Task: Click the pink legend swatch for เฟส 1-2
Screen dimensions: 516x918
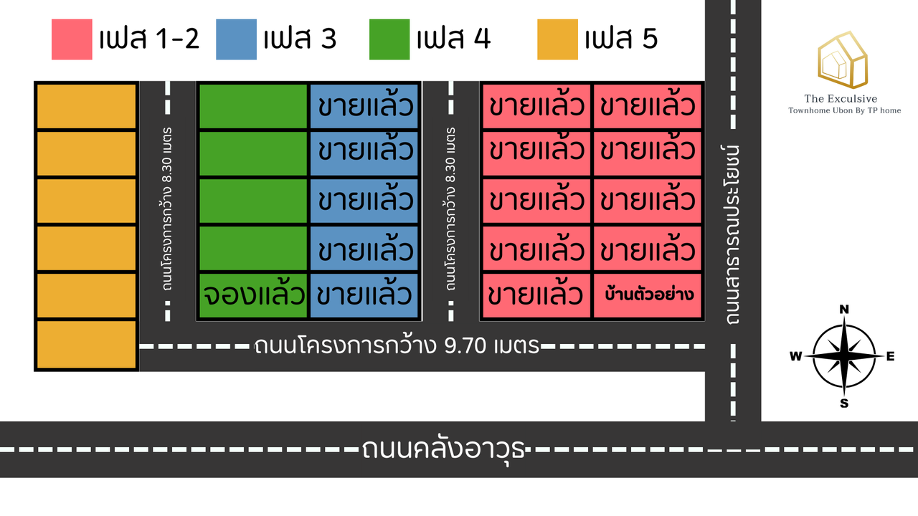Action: (x=72, y=39)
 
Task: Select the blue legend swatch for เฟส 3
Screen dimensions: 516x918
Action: (x=236, y=39)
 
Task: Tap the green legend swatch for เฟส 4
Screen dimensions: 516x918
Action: (x=389, y=39)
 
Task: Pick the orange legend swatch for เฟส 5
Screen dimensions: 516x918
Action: (x=557, y=39)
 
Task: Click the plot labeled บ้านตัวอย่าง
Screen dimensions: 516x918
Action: (x=648, y=295)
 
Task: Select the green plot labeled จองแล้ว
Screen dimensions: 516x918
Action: (x=253, y=295)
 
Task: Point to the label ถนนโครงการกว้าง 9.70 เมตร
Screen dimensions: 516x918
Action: (x=397, y=346)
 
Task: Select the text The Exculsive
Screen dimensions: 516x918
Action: (x=841, y=99)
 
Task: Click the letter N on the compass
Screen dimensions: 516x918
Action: (x=844, y=310)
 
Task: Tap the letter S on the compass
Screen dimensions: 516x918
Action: (x=844, y=403)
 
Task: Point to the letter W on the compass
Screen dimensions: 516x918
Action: (x=795, y=357)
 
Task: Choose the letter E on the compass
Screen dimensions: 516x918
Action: (x=891, y=356)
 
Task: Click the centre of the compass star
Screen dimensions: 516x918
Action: (x=844, y=356)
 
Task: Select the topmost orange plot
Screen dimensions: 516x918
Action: (x=86, y=106)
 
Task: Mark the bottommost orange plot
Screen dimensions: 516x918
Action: (x=86, y=345)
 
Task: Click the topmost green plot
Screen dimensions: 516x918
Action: (x=252, y=106)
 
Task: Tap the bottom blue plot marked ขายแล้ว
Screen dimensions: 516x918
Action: (x=364, y=295)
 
